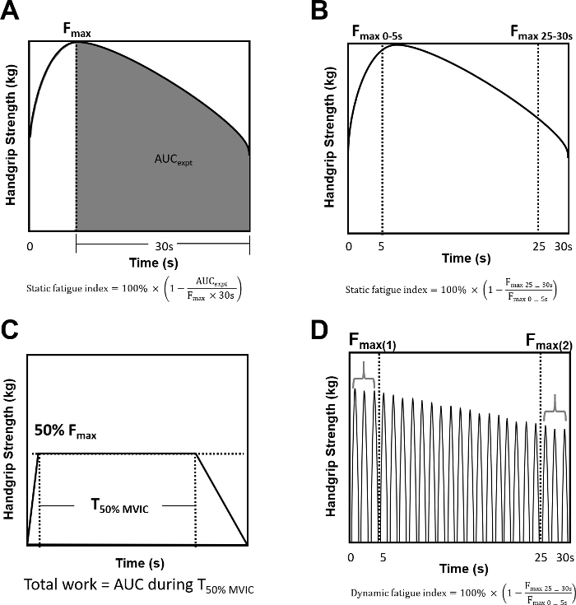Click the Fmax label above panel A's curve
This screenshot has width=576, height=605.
(77, 31)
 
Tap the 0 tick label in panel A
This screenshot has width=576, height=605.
(30, 246)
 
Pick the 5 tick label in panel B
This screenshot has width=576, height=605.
(383, 246)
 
